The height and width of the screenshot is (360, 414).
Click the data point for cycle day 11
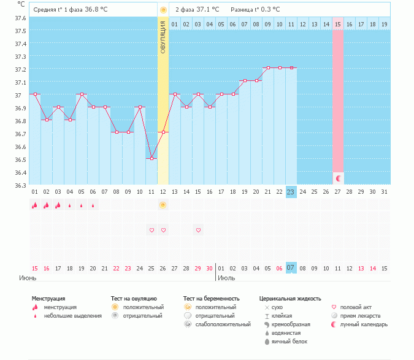click(151, 159)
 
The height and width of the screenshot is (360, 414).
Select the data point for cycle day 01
click(35, 94)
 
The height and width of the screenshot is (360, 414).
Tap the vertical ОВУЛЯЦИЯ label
click(163, 37)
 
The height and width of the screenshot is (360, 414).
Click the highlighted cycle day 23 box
click(291, 191)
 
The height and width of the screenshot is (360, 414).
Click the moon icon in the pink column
click(337, 178)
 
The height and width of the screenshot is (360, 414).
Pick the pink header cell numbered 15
click(337, 24)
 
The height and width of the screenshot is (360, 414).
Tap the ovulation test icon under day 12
click(163, 205)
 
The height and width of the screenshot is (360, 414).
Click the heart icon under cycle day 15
click(198, 230)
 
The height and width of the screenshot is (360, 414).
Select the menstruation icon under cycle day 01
click(35, 205)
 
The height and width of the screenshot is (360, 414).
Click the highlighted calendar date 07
click(291, 268)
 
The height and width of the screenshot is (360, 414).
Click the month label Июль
click(226, 278)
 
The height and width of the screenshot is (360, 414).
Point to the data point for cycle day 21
click(267, 67)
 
